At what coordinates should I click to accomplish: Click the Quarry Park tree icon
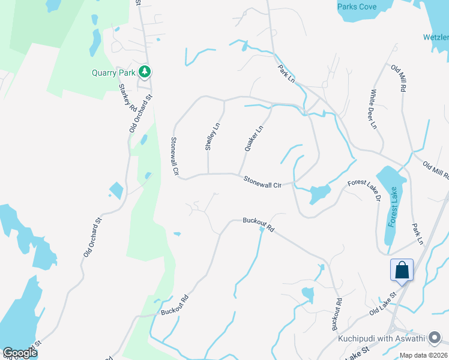pyautogui.click(x=144, y=72)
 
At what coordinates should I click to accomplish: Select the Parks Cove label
pyautogui.click(x=357, y=7)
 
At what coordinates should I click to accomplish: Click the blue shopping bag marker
pyautogui.click(x=402, y=270)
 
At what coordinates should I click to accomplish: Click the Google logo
pyautogui.click(x=20, y=353)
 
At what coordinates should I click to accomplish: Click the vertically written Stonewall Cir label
pyautogui.click(x=175, y=156)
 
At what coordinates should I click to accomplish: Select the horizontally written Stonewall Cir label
pyautogui.click(x=262, y=182)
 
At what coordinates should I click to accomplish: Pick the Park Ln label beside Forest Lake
pyautogui.click(x=418, y=234)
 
